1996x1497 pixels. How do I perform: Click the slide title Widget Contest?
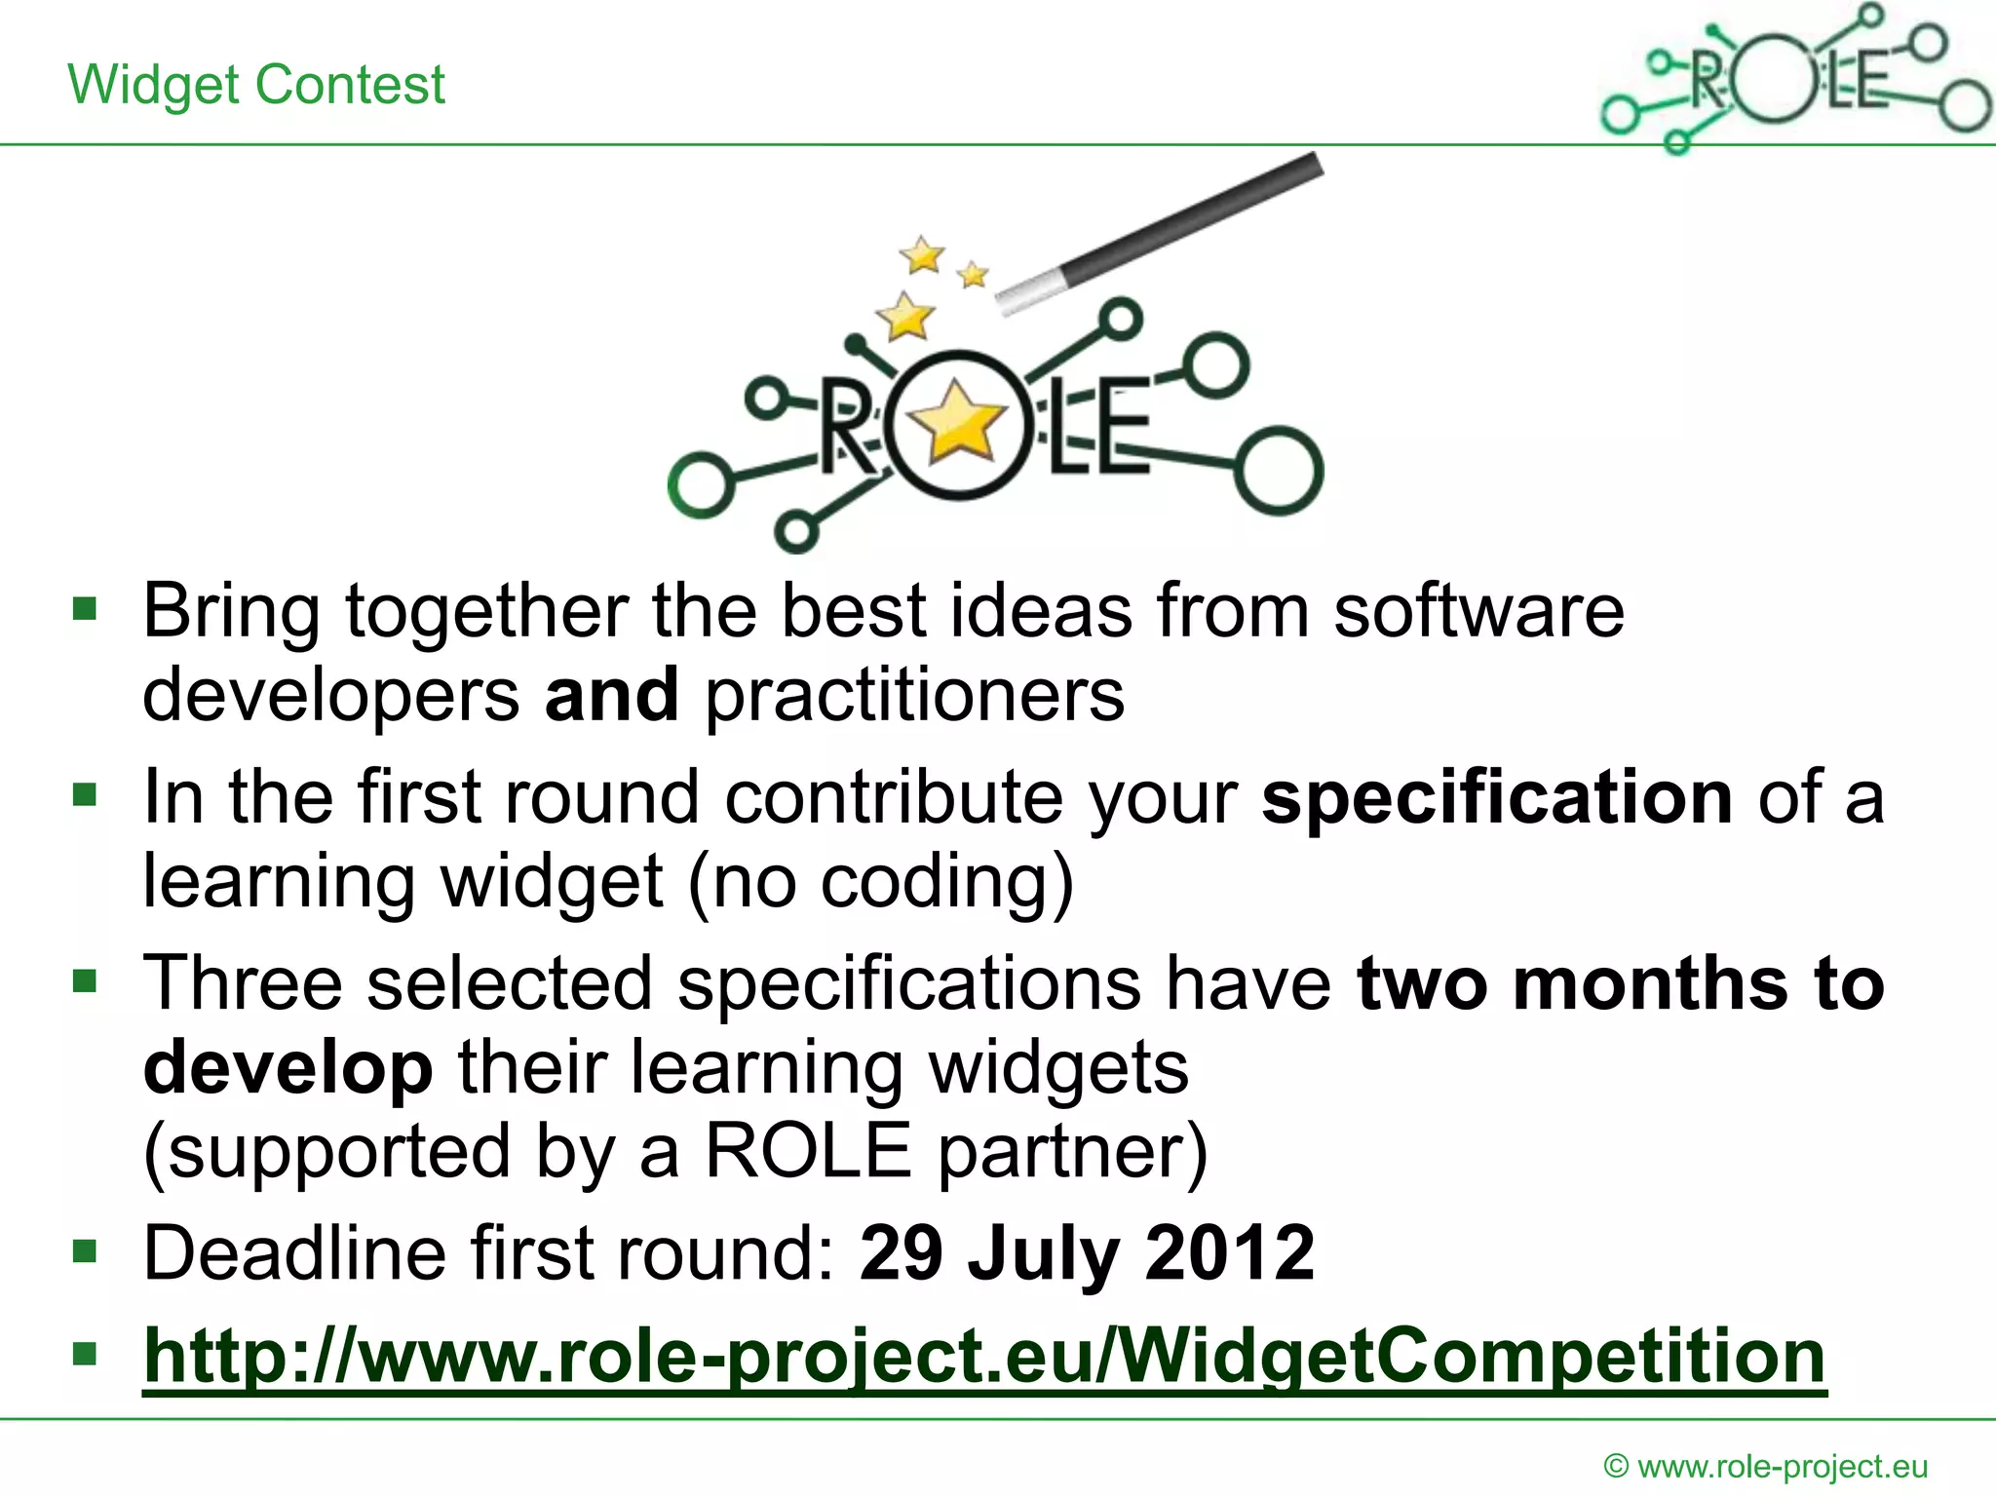tap(256, 85)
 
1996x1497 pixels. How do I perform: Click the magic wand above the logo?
tap(1160, 234)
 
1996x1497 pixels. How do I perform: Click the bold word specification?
tap(1496, 797)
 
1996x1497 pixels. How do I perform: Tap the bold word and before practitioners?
tap(611, 695)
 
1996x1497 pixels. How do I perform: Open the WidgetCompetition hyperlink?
tap(984, 1356)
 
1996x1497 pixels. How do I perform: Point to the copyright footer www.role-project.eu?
tap(1765, 1466)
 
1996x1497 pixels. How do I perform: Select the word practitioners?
tap(914, 695)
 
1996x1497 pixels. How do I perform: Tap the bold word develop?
tap(288, 1067)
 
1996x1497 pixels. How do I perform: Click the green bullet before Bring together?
tap(86, 610)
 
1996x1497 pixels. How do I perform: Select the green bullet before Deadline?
tap(86, 1250)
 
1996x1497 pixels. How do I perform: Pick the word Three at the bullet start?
tap(242, 982)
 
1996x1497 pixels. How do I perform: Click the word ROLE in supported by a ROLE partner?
tap(808, 1151)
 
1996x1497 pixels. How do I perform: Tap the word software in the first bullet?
tap(1478, 611)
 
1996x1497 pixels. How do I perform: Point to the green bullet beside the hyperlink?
tap(86, 1354)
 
